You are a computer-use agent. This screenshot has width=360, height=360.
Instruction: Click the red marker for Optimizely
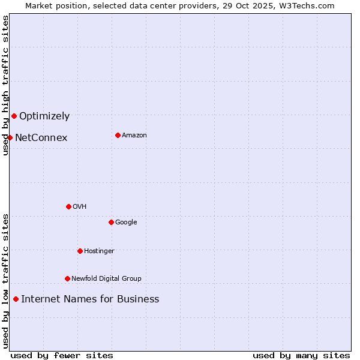click(x=14, y=116)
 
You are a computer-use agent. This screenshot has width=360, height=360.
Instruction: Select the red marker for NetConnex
click(x=10, y=137)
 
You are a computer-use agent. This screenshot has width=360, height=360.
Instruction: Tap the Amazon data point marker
click(x=118, y=135)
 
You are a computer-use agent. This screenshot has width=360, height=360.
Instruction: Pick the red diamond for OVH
click(x=68, y=206)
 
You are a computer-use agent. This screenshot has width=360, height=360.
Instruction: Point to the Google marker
click(x=111, y=222)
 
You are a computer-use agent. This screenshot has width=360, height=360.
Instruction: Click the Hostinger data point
click(x=80, y=251)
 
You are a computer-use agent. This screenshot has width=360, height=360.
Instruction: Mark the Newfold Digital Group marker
click(x=67, y=278)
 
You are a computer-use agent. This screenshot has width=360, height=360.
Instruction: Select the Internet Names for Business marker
click(x=16, y=299)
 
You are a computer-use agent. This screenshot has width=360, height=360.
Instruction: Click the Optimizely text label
click(x=44, y=116)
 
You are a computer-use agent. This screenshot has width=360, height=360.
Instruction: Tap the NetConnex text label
click(x=41, y=138)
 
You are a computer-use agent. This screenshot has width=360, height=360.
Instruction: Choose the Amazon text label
click(x=134, y=135)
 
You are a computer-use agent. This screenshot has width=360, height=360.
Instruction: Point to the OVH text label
click(x=80, y=206)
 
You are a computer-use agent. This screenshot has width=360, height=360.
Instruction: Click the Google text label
click(x=126, y=222)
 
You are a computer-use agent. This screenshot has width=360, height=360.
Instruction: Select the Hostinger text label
click(x=99, y=251)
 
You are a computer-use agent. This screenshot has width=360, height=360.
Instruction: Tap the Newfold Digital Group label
click(x=106, y=278)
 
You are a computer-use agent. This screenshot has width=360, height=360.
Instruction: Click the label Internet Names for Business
click(x=90, y=299)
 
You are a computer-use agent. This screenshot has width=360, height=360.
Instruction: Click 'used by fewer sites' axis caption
click(x=62, y=355)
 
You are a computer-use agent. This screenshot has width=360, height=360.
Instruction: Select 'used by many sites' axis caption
click(x=301, y=355)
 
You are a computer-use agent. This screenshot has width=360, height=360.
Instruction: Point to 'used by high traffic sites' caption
click(x=5, y=85)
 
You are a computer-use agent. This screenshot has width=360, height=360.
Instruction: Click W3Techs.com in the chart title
click(x=308, y=5)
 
